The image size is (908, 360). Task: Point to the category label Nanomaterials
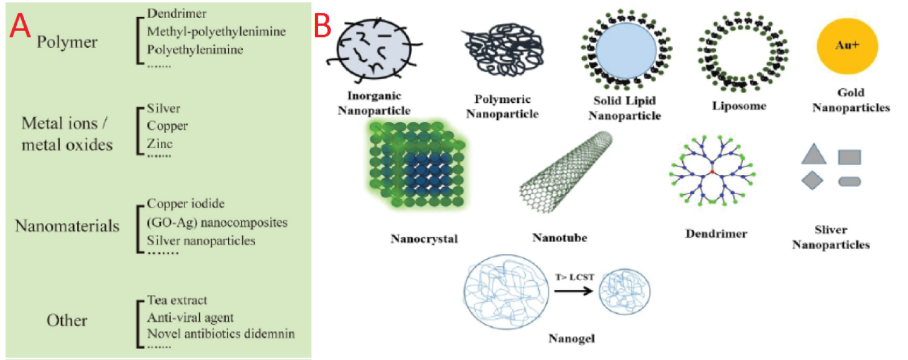(x=67, y=226)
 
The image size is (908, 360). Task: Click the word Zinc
(x=160, y=143)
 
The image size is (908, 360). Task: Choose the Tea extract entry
(x=177, y=301)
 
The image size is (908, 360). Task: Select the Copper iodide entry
(x=186, y=204)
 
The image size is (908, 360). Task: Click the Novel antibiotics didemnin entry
(x=221, y=333)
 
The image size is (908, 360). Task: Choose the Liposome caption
(x=740, y=106)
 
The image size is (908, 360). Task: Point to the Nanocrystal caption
(x=424, y=238)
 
